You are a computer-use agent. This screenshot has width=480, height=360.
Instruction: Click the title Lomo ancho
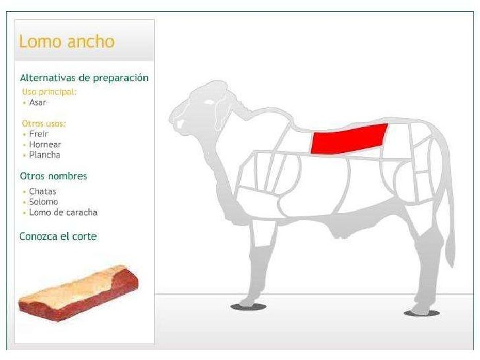(67, 42)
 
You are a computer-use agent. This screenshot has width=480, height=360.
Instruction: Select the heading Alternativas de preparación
(84, 78)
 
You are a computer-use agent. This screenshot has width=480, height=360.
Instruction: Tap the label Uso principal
(49, 92)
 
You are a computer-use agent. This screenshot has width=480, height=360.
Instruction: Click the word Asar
(38, 103)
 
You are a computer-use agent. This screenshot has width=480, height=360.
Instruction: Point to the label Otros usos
(44, 123)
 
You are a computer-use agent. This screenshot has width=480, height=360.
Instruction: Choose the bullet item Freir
(38, 134)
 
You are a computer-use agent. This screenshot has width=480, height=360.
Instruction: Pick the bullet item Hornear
(44, 144)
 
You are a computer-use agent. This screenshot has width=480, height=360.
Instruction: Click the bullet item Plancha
(44, 155)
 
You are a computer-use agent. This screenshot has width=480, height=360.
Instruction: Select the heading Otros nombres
(53, 176)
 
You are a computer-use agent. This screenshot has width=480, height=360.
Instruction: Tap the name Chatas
(42, 191)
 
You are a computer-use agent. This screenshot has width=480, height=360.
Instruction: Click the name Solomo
(44, 202)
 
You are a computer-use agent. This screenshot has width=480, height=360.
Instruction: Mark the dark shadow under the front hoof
(249, 307)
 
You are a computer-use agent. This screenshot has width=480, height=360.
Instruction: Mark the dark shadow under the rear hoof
(421, 313)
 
